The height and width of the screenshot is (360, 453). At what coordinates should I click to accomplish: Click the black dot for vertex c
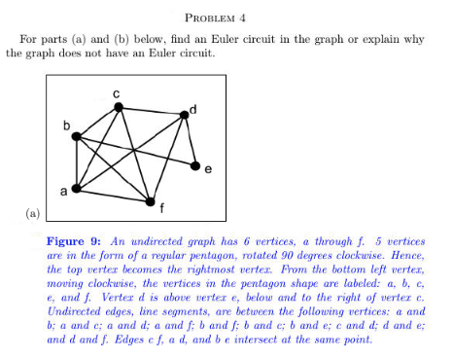(x=119, y=107)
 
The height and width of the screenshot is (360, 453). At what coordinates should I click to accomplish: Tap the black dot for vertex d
(x=186, y=115)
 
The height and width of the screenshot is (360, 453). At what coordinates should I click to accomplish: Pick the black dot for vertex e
(x=195, y=164)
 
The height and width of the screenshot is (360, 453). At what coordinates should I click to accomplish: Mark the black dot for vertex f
(x=150, y=200)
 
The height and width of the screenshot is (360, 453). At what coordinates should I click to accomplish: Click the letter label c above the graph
(x=116, y=90)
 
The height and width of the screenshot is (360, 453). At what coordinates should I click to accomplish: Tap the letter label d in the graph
(x=194, y=105)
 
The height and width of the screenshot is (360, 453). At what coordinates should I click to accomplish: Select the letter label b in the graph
(x=66, y=126)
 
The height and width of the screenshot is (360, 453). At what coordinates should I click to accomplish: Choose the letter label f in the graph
(x=160, y=207)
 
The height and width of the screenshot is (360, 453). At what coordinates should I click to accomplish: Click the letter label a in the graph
(x=65, y=193)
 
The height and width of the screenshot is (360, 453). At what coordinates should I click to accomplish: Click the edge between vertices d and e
(x=191, y=140)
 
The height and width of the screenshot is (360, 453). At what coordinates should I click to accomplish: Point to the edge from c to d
(x=153, y=111)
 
